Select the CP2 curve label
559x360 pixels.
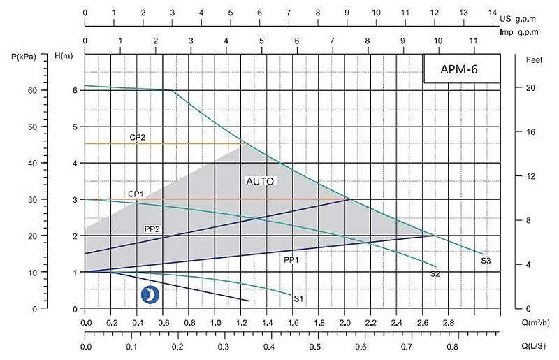coord(137,137)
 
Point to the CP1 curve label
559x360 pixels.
coord(136,194)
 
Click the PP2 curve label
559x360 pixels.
coord(153,229)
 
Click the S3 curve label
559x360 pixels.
coord(486,261)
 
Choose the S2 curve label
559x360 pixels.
coord(435,274)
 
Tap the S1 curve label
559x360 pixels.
coord(298,299)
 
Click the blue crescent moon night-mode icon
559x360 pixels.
coord(150,296)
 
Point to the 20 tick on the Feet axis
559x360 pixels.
coord(529,88)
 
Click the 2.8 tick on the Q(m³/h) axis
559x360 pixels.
coord(449,323)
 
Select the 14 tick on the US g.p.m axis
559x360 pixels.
coord(494,13)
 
